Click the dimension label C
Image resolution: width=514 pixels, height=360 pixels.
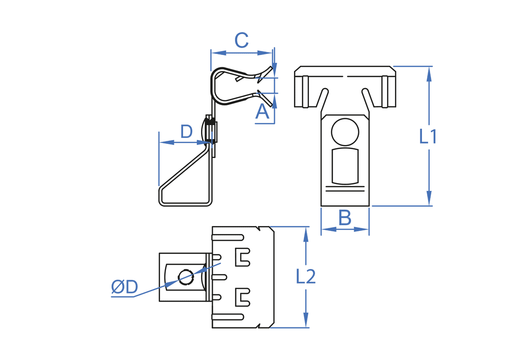(x=242, y=40)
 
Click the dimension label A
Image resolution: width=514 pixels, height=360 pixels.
(x=262, y=112)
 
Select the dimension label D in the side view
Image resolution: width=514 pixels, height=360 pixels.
(x=187, y=132)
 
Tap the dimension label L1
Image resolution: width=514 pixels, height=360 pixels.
(x=428, y=137)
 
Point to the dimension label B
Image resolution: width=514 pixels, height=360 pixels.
(x=345, y=218)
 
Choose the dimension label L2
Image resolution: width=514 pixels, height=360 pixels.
(x=306, y=277)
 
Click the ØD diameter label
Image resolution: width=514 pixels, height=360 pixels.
(x=124, y=287)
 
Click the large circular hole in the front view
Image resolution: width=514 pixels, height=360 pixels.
(x=345, y=132)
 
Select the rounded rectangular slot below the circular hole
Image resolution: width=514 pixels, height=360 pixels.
(x=345, y=166)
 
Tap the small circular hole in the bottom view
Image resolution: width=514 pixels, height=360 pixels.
(x=186, y=277)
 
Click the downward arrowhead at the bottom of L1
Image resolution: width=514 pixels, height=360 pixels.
(x=429, y=200)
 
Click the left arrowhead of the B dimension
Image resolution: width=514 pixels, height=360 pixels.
(x=327, y=229)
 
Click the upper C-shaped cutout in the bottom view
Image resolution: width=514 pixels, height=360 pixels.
(x=242, y=257)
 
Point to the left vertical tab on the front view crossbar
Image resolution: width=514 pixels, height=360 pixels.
(x=305, y=92)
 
